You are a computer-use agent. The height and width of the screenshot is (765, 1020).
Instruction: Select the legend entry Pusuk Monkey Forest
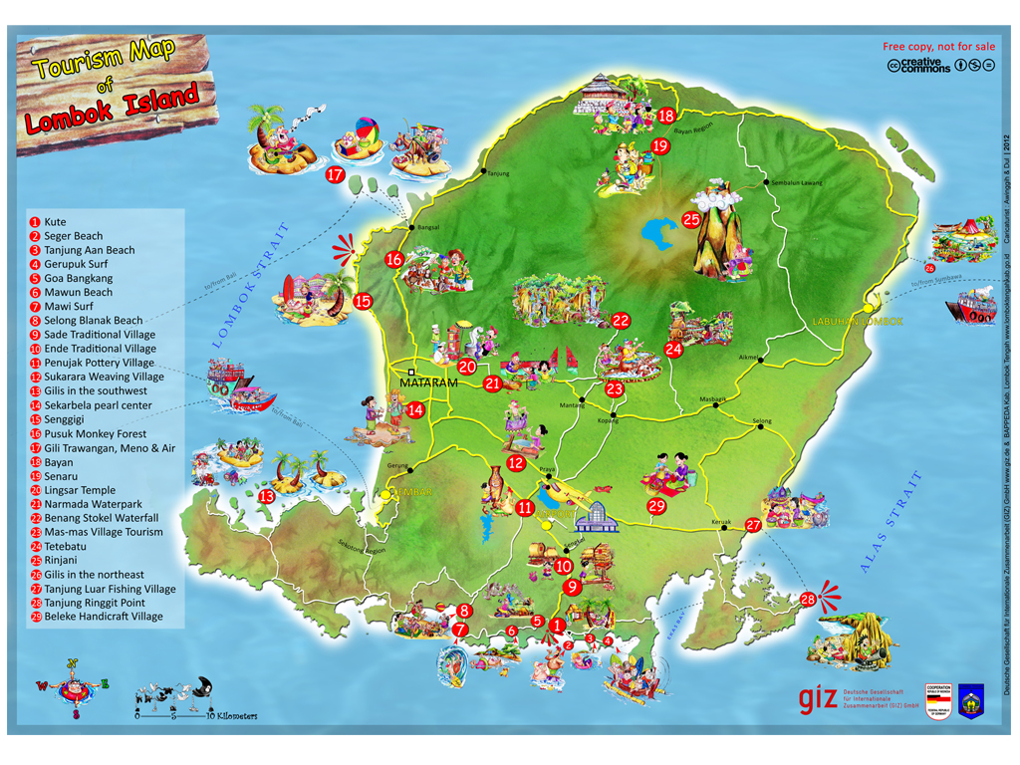coord(95,433)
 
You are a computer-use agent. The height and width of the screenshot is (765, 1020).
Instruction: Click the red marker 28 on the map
coord(808,600)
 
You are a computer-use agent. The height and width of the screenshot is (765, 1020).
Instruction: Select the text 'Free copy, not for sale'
coord(938,46)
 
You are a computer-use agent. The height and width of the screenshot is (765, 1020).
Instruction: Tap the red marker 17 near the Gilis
coord(335,175)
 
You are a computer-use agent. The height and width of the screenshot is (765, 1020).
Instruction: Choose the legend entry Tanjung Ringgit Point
coord(95,603)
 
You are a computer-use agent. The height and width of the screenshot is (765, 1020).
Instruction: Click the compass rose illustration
coord(73,686)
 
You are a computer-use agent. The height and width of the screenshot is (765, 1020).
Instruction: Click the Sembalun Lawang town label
coord(793,183)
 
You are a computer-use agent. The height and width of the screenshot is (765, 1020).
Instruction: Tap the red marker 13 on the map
coord(267,495)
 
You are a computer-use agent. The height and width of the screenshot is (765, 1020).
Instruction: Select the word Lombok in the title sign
coord(73,121)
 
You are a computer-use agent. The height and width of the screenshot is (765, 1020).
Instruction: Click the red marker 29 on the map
coord(656,505)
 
